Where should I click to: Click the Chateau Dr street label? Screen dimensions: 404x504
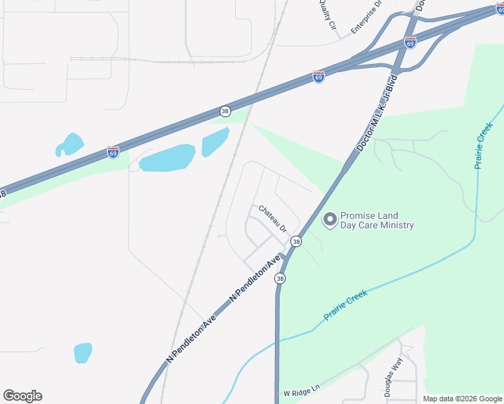click(x=274, y=218)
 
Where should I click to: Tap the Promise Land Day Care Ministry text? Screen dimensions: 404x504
click(x=377, y=221)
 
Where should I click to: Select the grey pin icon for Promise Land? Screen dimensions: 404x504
click(x=330, y=220)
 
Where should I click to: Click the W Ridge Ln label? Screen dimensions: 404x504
click(x=298, y=393)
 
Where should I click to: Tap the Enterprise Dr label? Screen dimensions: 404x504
click(x=367, y=18)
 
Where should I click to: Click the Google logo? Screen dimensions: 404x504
click(x=22, y=396)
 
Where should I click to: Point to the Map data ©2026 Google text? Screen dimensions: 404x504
click(x=462, y=399)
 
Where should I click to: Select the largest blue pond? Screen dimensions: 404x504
click(x=167, y=158)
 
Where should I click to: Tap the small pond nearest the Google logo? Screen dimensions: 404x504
click(x=82, y=352)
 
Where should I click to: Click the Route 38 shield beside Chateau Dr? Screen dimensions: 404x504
click(x=296, y=241)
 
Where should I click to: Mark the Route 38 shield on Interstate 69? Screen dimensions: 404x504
click(x=225, y=110)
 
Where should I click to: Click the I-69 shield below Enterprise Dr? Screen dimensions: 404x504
click(x=319, y=77)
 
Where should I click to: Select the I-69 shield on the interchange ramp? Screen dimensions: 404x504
click(x=410, y=43)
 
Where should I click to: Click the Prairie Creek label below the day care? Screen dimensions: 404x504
click(x=346, y=304)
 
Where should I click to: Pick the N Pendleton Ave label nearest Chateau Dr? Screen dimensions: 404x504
click(x=255, y=277)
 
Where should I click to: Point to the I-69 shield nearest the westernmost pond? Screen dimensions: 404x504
click(x=113, y=152)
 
